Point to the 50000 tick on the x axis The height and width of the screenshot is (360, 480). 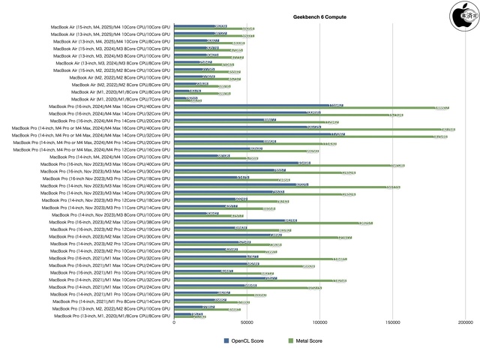tap(247, 324)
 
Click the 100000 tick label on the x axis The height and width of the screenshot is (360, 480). tap(319, 324)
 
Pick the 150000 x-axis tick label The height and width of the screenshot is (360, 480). tap(392, 324)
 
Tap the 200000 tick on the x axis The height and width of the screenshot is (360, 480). tap(464, 324)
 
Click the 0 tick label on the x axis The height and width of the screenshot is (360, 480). tap(174, 324)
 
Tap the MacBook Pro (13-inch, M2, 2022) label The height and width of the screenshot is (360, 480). tap(108, 308)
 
